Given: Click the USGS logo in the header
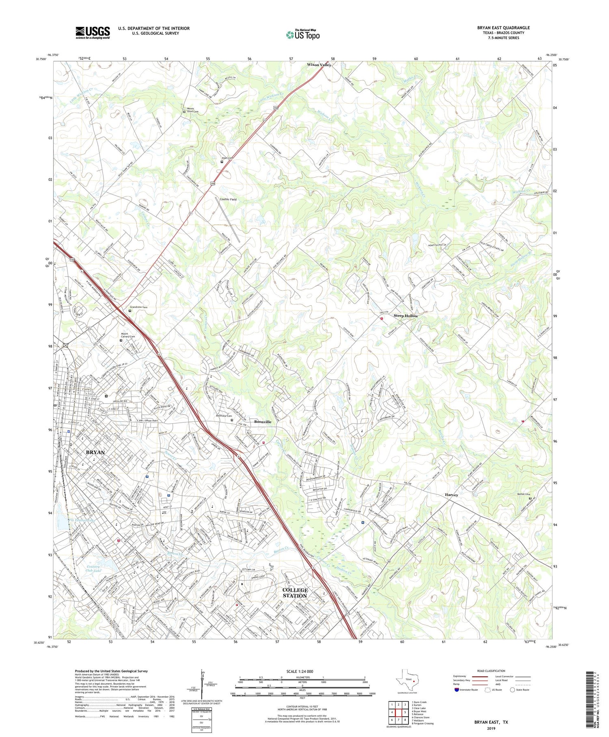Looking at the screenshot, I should (x=93, y=33).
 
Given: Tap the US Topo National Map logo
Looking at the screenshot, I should (x=302, y=35).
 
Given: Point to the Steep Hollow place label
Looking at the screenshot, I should (x=405, y=316).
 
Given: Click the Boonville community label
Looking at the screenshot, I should (x=262, y=422).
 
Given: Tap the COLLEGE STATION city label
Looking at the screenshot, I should (x=295, y=593).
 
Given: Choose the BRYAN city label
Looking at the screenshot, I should (x=95, y=452).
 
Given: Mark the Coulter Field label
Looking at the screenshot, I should (x=228, y=200).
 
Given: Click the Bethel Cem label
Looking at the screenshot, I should (x=524, y=494).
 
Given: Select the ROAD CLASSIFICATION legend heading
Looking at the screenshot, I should (x=491, y=671).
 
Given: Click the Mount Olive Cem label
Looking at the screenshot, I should (x=193, y=110).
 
